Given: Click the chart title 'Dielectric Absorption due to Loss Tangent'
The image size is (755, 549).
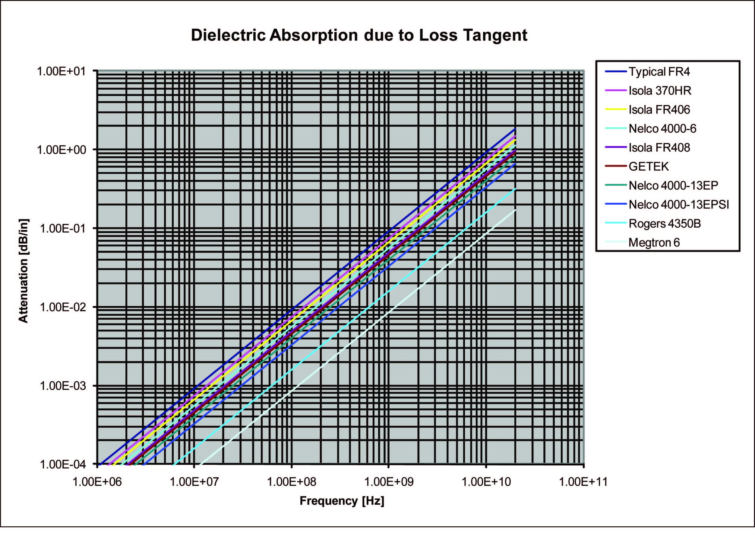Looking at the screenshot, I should click(x=359, y=35).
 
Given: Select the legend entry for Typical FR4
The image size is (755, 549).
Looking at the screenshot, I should click(x=659, y=72).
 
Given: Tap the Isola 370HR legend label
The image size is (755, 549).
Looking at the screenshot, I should click(x=659, y=91).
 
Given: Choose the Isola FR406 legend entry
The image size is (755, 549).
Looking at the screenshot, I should click(x=659, y=110).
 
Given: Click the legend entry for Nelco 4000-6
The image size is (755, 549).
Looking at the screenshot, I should click(x=662, y=129).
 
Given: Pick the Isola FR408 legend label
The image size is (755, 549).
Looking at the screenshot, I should click(x=659, y=148).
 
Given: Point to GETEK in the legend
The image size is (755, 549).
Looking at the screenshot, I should click(x=648, y=167).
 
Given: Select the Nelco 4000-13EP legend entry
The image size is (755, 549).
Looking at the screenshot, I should click(x=673, y=186).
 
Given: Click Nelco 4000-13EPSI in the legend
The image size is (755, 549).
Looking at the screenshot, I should click(x=678, y=205).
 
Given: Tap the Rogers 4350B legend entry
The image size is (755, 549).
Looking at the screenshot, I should click(x=665, y=224).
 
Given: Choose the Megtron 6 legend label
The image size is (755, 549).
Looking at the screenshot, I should click(x=654, y=243).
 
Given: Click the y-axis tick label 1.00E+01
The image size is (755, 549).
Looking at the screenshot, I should click(x=61, y=71).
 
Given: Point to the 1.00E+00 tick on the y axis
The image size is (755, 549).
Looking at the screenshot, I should click(x=61, y=150).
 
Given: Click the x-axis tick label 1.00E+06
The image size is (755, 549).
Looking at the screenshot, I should click(x=97, y=482).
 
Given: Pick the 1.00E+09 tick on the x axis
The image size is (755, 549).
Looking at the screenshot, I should click(x=389, y=482).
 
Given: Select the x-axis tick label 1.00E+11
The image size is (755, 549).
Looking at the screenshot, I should click(x=583, y=482).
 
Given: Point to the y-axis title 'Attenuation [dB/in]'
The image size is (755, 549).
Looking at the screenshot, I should click(x=24, y=270).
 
